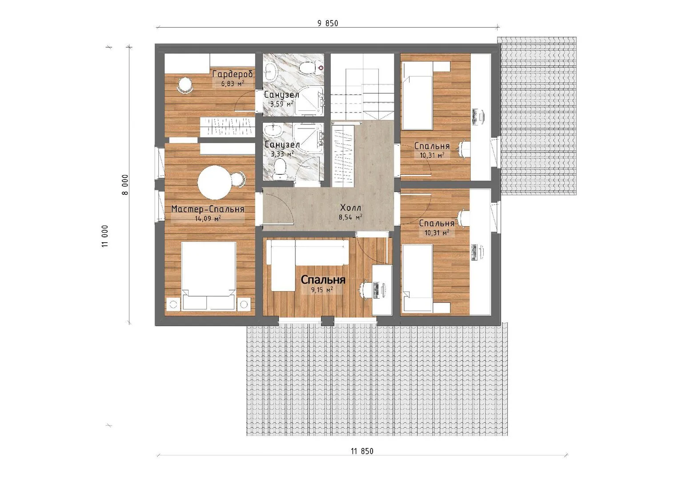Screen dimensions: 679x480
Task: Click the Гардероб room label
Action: (x=233, y=74)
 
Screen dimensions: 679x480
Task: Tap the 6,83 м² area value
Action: (x=233, y=84)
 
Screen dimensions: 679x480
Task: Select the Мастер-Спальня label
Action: (x=208, y=209)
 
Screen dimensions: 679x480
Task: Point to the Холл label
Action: (x=350, y=208)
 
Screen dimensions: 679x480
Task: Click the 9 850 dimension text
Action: (x=328, y=23)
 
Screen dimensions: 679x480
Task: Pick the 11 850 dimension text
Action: (x=362, y=451)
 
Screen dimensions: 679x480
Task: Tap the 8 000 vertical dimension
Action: (x=125, y=184)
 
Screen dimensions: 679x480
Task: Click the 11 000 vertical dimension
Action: (x=105, y=236)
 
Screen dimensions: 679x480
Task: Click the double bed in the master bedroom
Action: (x=209, y=276)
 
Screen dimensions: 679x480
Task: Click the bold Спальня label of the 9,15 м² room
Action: (x=323, y=280)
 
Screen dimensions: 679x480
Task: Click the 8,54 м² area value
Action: (x=350, y=217)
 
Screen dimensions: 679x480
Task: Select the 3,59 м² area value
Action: (x=282, y=104)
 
